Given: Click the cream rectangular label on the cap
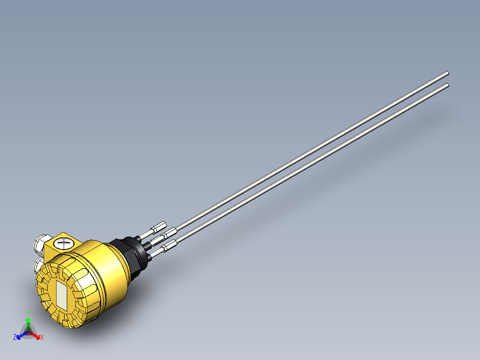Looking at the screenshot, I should point(62,296).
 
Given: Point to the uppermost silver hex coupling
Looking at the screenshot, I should point(159,228).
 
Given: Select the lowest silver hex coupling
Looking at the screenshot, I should point(170,245).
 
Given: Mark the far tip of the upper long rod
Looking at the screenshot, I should point(447,74).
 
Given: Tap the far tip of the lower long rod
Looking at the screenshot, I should point(447,85).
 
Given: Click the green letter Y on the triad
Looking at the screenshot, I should point(28,313).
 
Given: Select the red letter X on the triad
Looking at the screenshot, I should point(42,338).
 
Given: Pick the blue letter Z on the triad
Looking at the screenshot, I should point(15,338).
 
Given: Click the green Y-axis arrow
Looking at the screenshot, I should point(28,323).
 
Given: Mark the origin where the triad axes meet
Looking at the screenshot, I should point(28,332).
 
